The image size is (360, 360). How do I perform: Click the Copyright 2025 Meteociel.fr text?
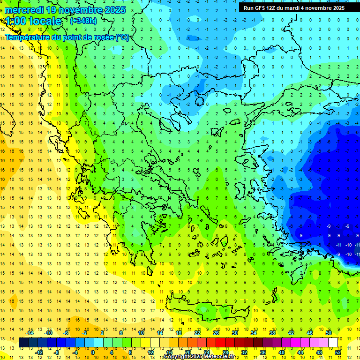pos(199,357)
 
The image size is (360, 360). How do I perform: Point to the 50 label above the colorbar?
pos(328,333)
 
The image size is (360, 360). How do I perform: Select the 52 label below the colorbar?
pos(338,352)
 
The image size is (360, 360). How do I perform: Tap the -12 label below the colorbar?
pos(39,352)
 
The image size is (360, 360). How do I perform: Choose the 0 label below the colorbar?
pos(93,352)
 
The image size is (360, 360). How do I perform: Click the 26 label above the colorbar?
pos(216,333)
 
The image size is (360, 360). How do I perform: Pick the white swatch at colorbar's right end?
pos(333,343)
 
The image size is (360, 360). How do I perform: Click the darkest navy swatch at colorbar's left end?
pos(23,343)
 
